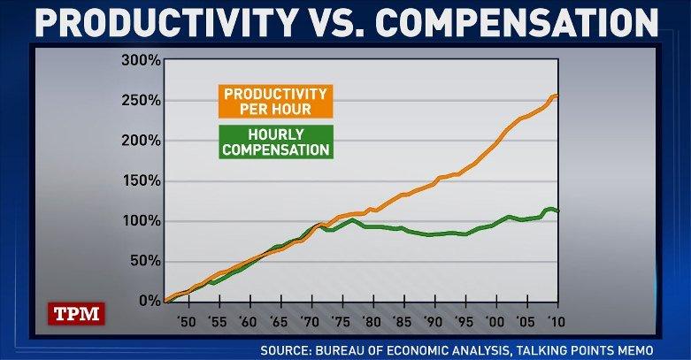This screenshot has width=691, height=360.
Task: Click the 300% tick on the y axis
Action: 141,60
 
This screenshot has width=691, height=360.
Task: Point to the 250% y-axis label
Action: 141,100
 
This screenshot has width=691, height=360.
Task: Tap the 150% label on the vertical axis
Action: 141,180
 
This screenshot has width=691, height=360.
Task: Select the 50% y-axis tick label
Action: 144,261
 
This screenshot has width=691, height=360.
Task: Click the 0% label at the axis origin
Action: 149,301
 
